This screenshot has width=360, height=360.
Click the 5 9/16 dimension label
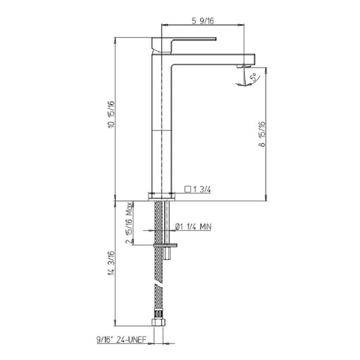[203, 21]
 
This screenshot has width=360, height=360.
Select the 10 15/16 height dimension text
[111, 114]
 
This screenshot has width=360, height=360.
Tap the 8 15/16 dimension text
[262, 134]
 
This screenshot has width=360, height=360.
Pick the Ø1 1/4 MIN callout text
[193, 227]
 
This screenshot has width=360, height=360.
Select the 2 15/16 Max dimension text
[129, 223]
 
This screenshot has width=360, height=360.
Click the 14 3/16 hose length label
[111, 263]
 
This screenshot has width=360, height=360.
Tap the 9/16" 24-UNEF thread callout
[122, 339]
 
